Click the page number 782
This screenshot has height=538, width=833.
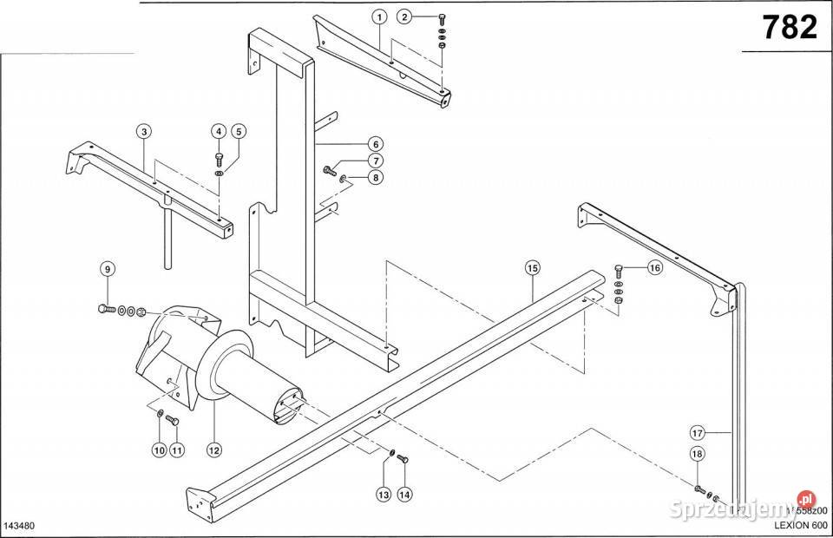(x=790, y=28)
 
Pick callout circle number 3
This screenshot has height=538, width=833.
(x=144, y=131)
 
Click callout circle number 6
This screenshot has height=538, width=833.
(x=374, y=144)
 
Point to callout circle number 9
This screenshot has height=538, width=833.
(x=108, y=269)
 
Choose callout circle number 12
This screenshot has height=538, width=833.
(x=212, y=449)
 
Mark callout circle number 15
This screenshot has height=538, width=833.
(x=532, y=268)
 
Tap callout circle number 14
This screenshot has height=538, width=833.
(x=403, y=495)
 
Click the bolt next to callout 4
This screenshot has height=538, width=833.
(x=219, y=159)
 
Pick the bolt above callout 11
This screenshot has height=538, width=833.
(x=170, y=421)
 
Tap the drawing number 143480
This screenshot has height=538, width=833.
(x=20, y=526)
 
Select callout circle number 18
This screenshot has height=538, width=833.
(x=698, y=454)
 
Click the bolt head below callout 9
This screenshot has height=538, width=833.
(x=103, y=309)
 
